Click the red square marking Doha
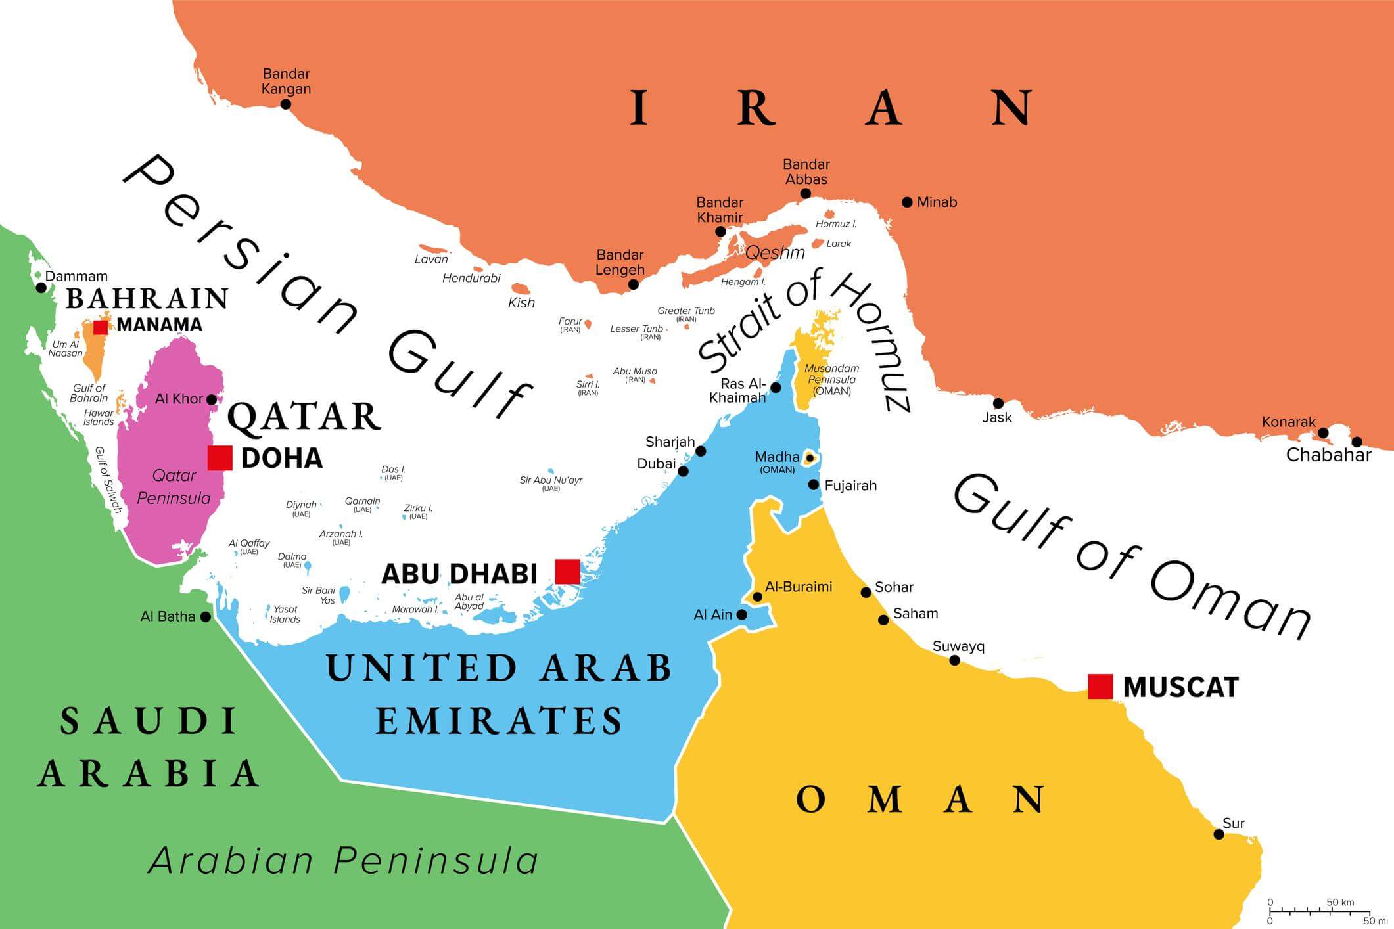click(x=220, y=457)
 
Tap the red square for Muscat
click(x=1100, y=687)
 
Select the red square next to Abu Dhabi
click(x=567, y=572)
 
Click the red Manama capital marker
click(x=101, y=327)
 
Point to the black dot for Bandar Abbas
click(x=805, y=194)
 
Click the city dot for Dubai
click(x=683, y=471)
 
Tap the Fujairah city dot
click(x=813, y=485)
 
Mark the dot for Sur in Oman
click(x=1219, y=834)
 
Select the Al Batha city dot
click(x=206, y=617)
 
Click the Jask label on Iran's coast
click(x=996, y=417)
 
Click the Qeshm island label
click(x=775, y=253)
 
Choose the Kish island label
click(x=521, y=303)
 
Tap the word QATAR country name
click(x=304, y=417)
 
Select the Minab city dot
click(x=907, y=202)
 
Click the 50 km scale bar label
click(x=1340, y=903)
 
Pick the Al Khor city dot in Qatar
click(x=212, y=399)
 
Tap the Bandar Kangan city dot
click(x=285, y=104)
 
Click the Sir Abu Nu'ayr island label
click(x=551, y=480)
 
